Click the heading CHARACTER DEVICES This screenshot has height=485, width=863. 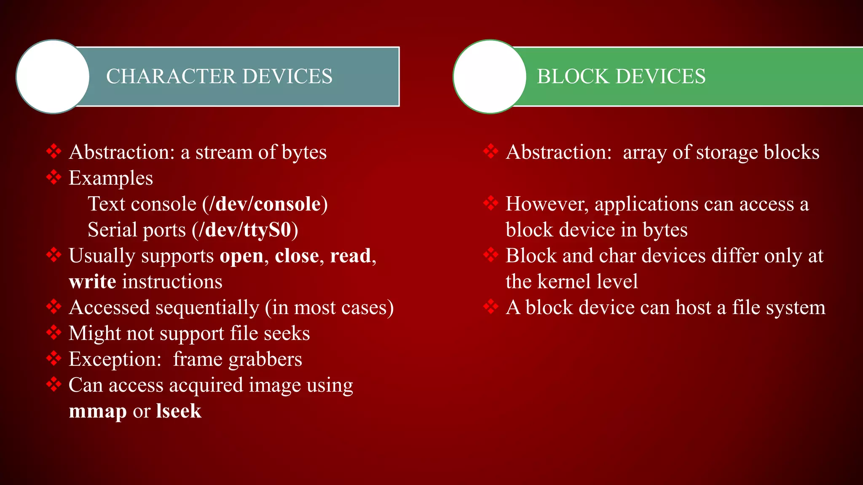click(x=219, y=77)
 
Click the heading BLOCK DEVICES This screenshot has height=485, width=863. click(x=621, y=77)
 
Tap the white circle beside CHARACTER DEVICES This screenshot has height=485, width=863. click(x=53, y=77)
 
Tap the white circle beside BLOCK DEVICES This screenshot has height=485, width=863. click(x=490, y=77)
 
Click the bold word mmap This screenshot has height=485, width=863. click(x=98, y=411)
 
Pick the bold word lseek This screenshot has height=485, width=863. click(x=179, y=411)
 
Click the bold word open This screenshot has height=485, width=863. click(x=241, y=256)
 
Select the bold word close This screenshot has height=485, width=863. click(x=297, y=256)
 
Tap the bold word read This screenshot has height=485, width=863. click(x=350, y=256)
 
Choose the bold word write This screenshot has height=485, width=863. click(x=92, y=282)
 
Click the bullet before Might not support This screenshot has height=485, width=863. click(x=54, y=332)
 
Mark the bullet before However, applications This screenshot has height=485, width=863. click(x=491, y=203)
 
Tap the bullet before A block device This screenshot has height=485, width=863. click(x=491, y=306)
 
